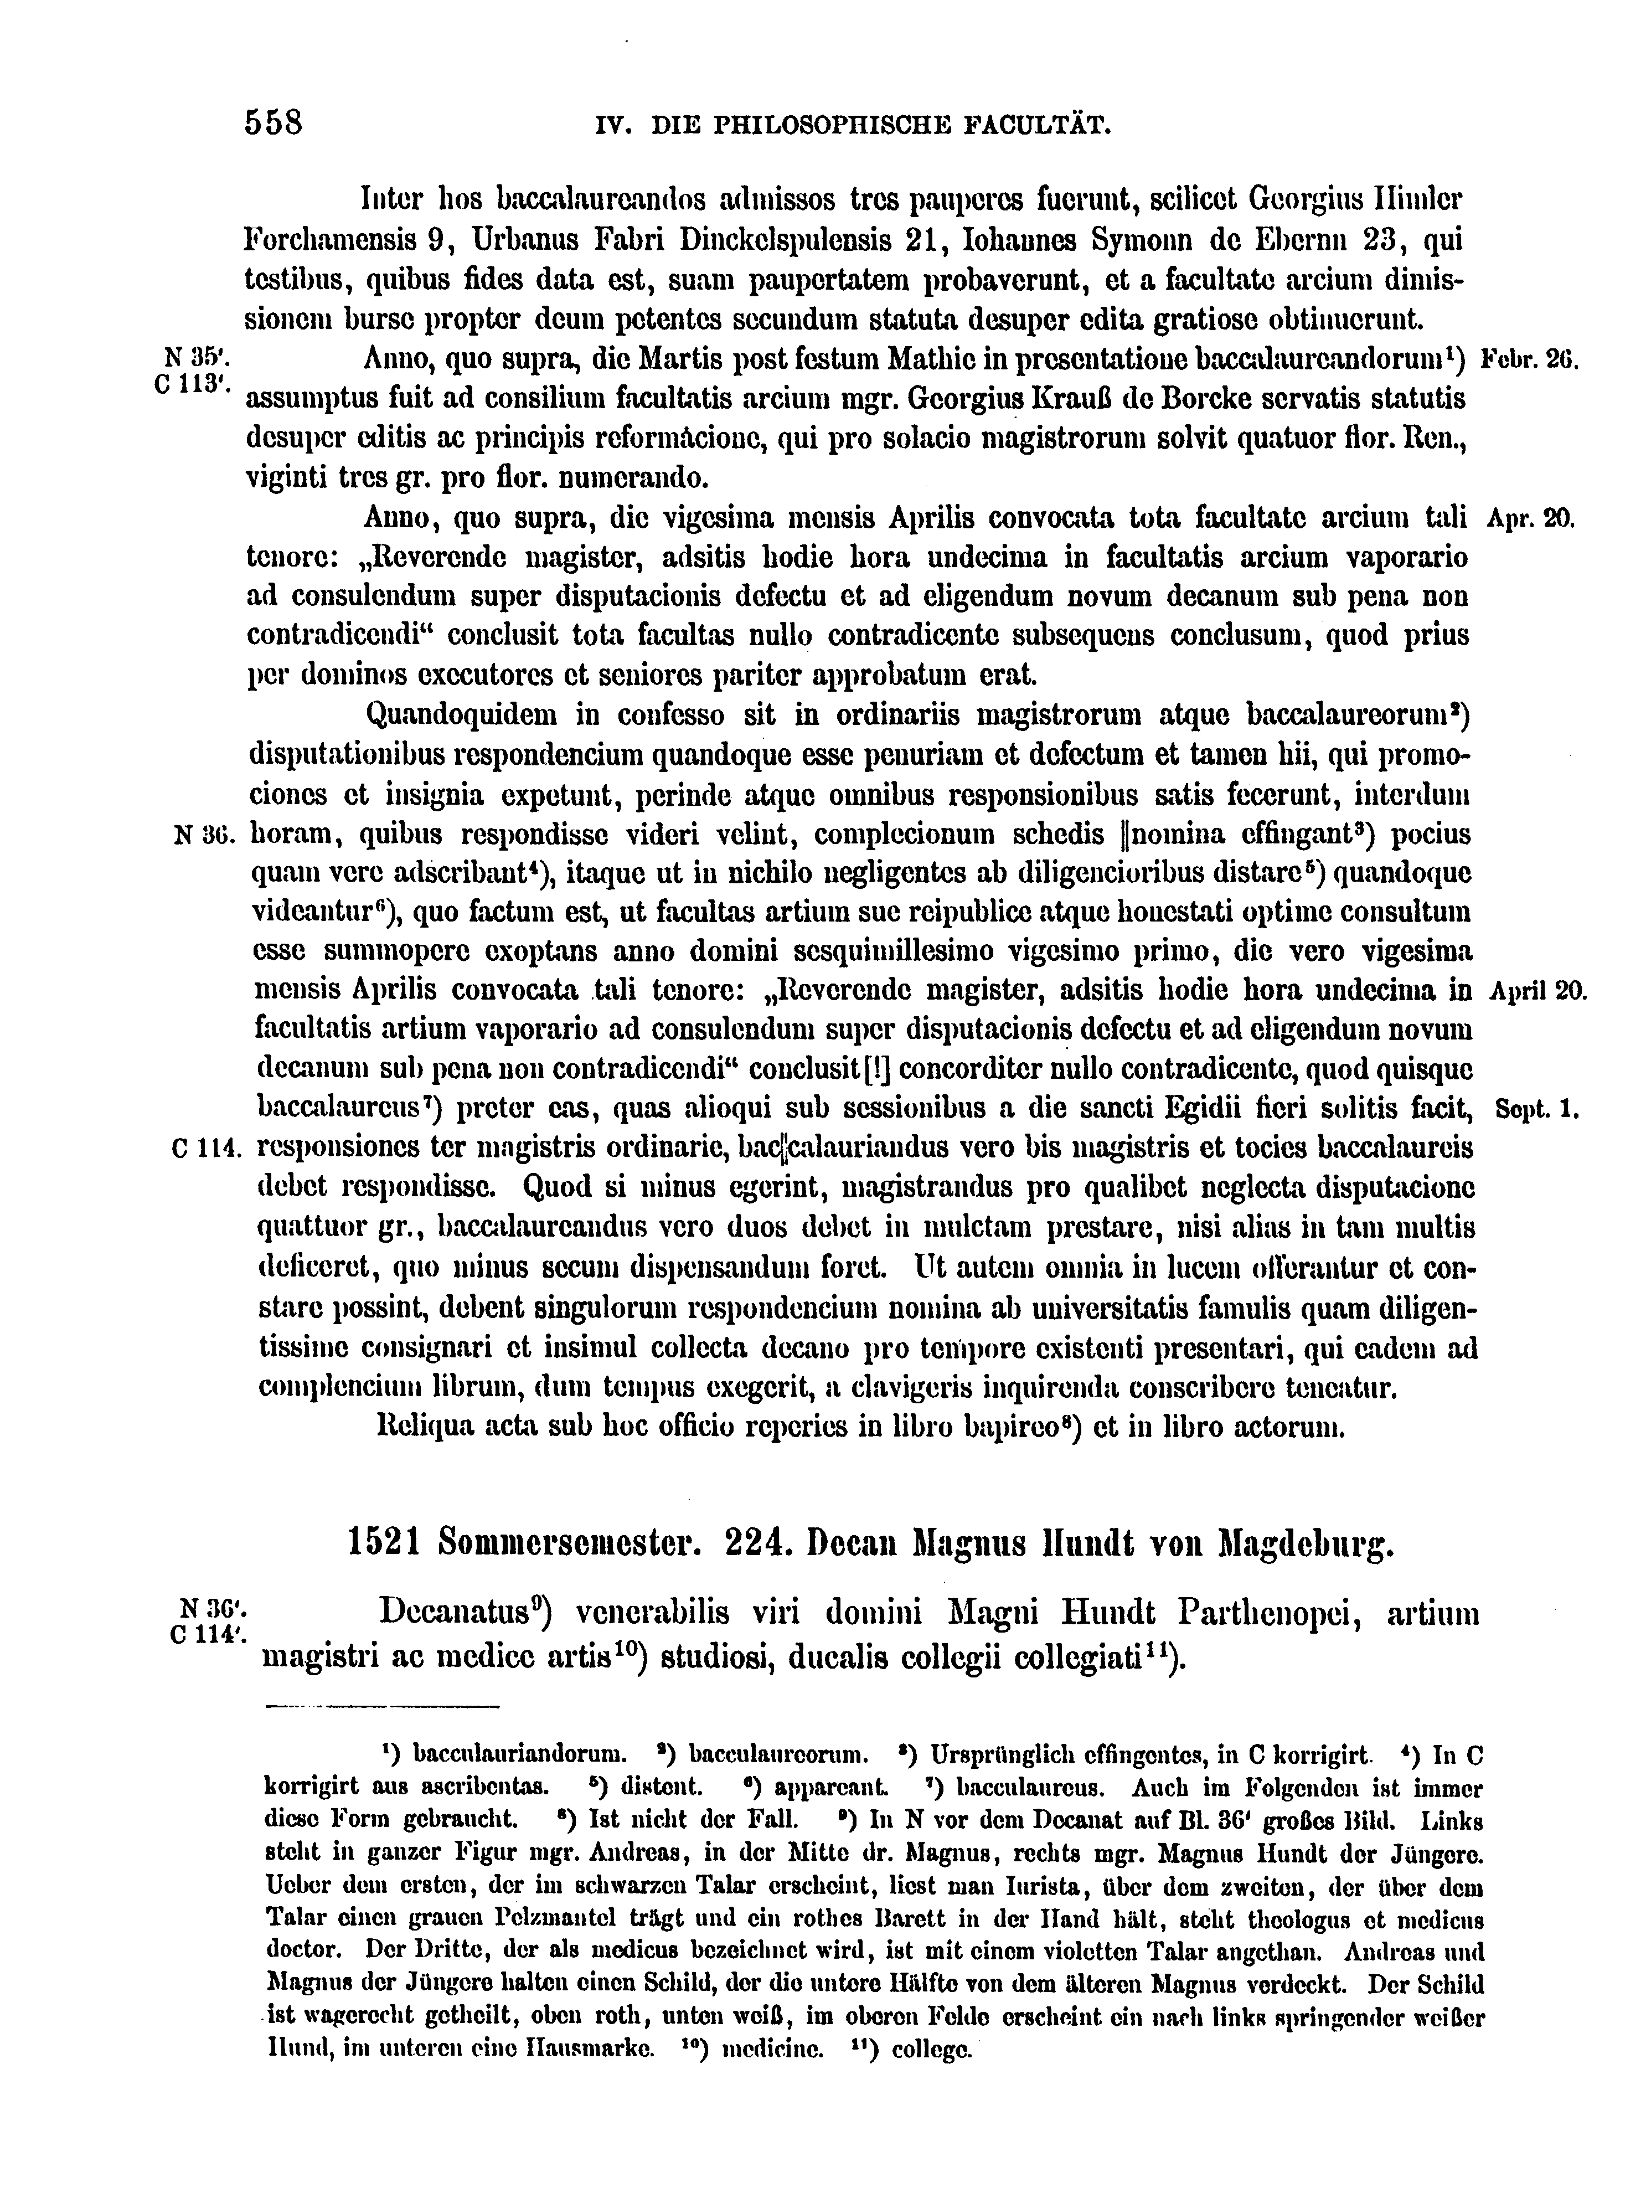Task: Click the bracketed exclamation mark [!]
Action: pos(878,1069)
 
